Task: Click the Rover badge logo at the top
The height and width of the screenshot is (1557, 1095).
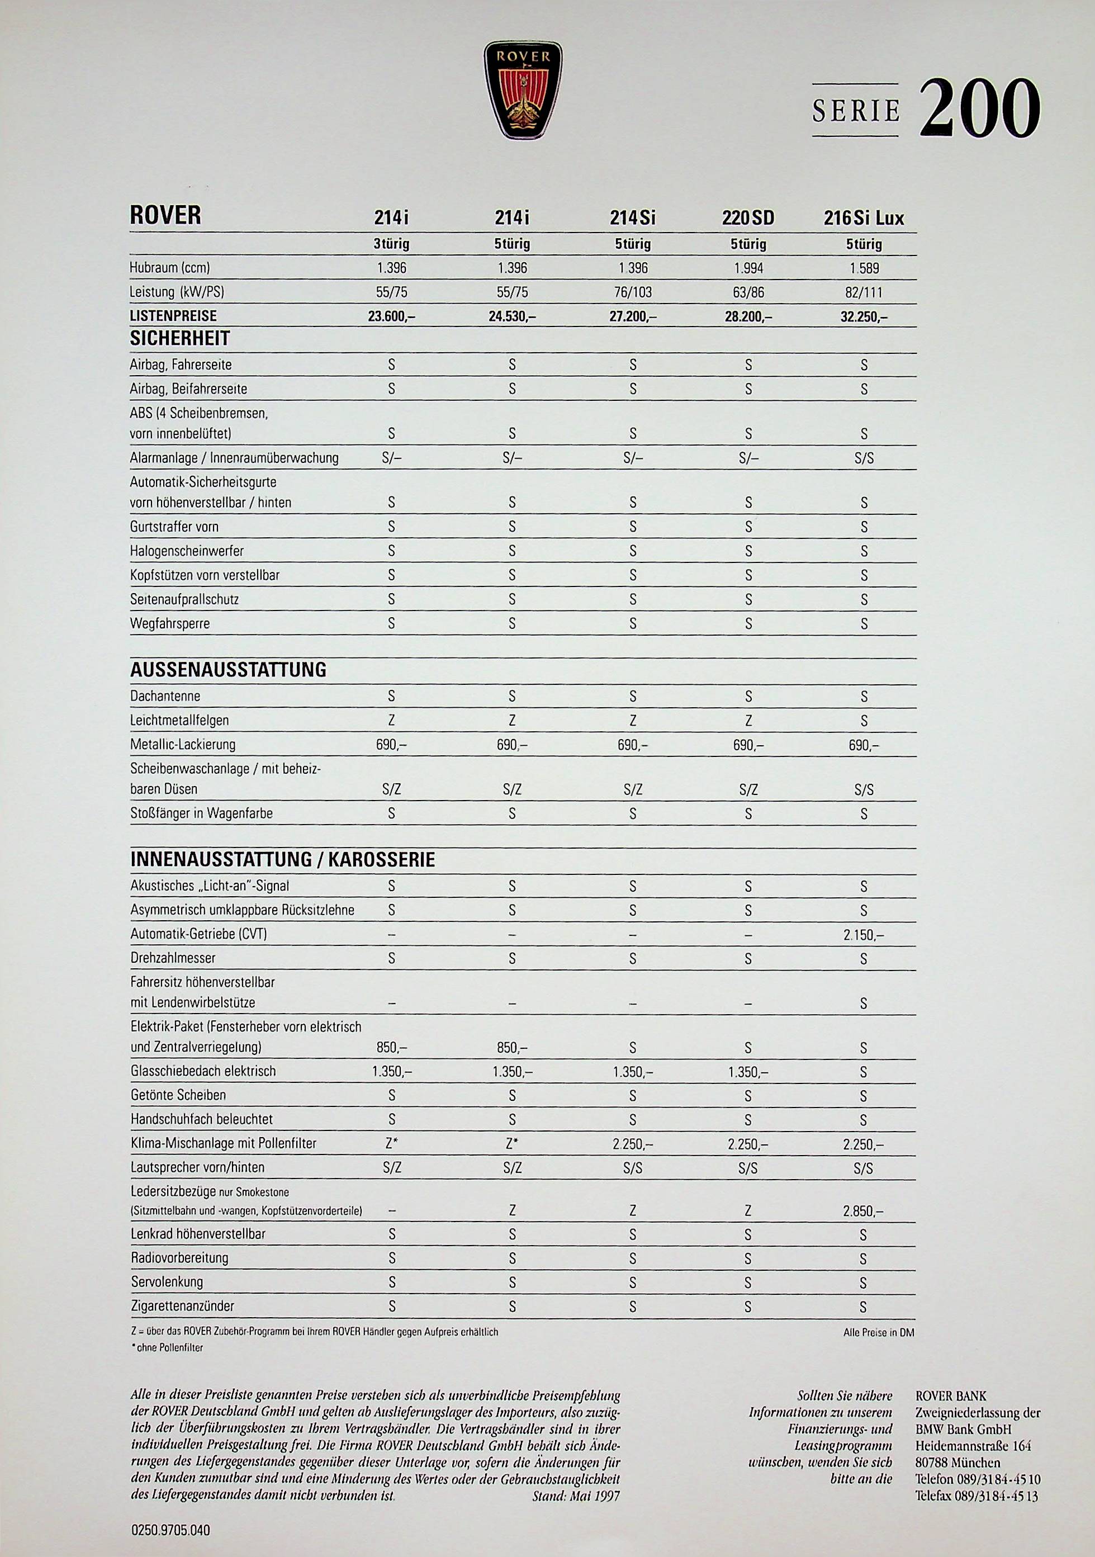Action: (x=523, y=90)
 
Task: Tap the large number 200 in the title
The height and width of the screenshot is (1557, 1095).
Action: (x=979, y=108)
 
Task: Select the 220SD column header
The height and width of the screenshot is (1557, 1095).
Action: (x=748, y=219)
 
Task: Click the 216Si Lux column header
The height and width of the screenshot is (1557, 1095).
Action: (x=864, y=219)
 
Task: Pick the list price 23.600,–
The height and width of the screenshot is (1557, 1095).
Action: (x=391, y=316)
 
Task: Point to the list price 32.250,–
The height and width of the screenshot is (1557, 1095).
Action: (x=864, y=316)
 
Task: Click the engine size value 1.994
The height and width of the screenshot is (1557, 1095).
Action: (x=748, y=268)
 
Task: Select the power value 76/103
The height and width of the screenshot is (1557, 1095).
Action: (x=633, y=293)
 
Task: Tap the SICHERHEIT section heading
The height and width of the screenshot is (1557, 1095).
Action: (x=179, y=338)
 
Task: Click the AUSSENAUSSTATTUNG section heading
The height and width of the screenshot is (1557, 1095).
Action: (x=228, y=670)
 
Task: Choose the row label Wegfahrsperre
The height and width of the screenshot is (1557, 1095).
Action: (x=169, y=623)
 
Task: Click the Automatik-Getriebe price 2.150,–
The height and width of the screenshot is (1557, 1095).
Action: (x=864, y=935)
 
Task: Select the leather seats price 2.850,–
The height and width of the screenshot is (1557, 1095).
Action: (x=864, y=1211)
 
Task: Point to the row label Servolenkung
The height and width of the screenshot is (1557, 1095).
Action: (x=167, y=1282)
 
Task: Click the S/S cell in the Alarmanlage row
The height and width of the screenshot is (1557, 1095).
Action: (x=864, y=458)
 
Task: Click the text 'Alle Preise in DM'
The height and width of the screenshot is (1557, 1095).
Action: (x=879, y=1333)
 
